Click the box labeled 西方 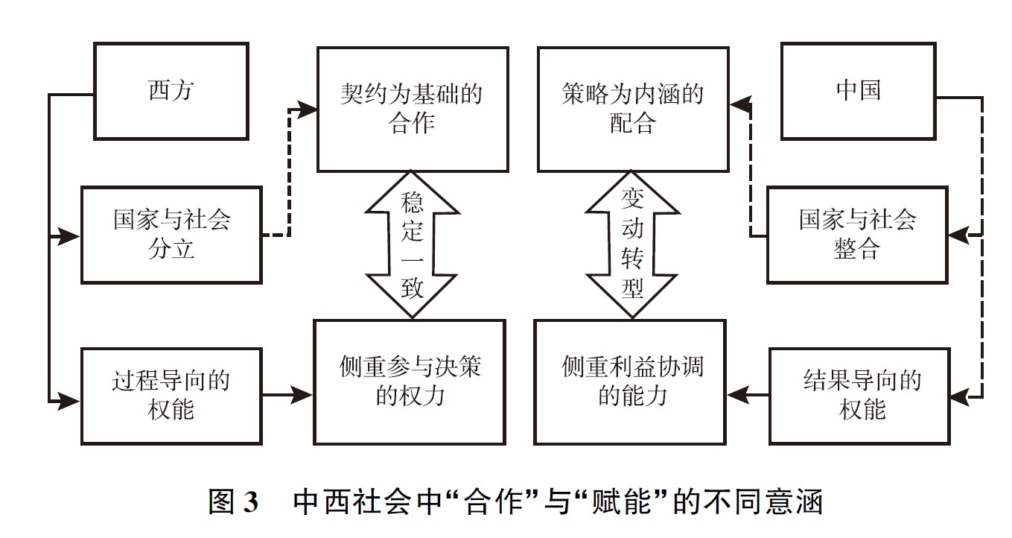click(171, 91)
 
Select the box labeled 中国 click(858, 91)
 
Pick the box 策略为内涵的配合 click(632, 110)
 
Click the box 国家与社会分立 click(171, 235)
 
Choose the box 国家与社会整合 click(857, 235)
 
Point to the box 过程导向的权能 click(171, 395)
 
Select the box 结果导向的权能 click(862, 395)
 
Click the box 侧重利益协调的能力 click(632, 382)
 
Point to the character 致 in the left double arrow click(412, 288)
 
